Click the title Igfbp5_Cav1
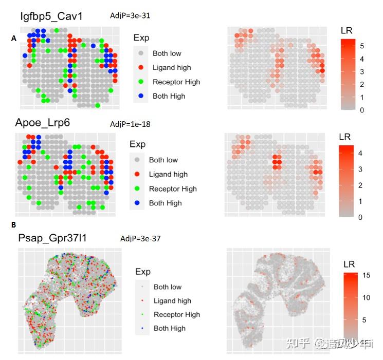point(52,16)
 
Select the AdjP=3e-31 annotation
point(130,16)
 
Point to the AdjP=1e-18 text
point(130,124)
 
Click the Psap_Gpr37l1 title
point(53,239)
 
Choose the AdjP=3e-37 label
point(140,239)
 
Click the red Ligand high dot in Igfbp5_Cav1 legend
point(141,68)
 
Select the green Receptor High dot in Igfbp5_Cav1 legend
point(141,82)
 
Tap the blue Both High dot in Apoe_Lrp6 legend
point(137,203)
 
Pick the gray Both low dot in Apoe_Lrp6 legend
point(137,160)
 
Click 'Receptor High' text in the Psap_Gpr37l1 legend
point(177,314)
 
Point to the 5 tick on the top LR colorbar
point(362,46)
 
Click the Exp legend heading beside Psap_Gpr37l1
point(143,272)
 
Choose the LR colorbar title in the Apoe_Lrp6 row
point(345,137)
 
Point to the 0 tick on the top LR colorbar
point(362,110)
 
